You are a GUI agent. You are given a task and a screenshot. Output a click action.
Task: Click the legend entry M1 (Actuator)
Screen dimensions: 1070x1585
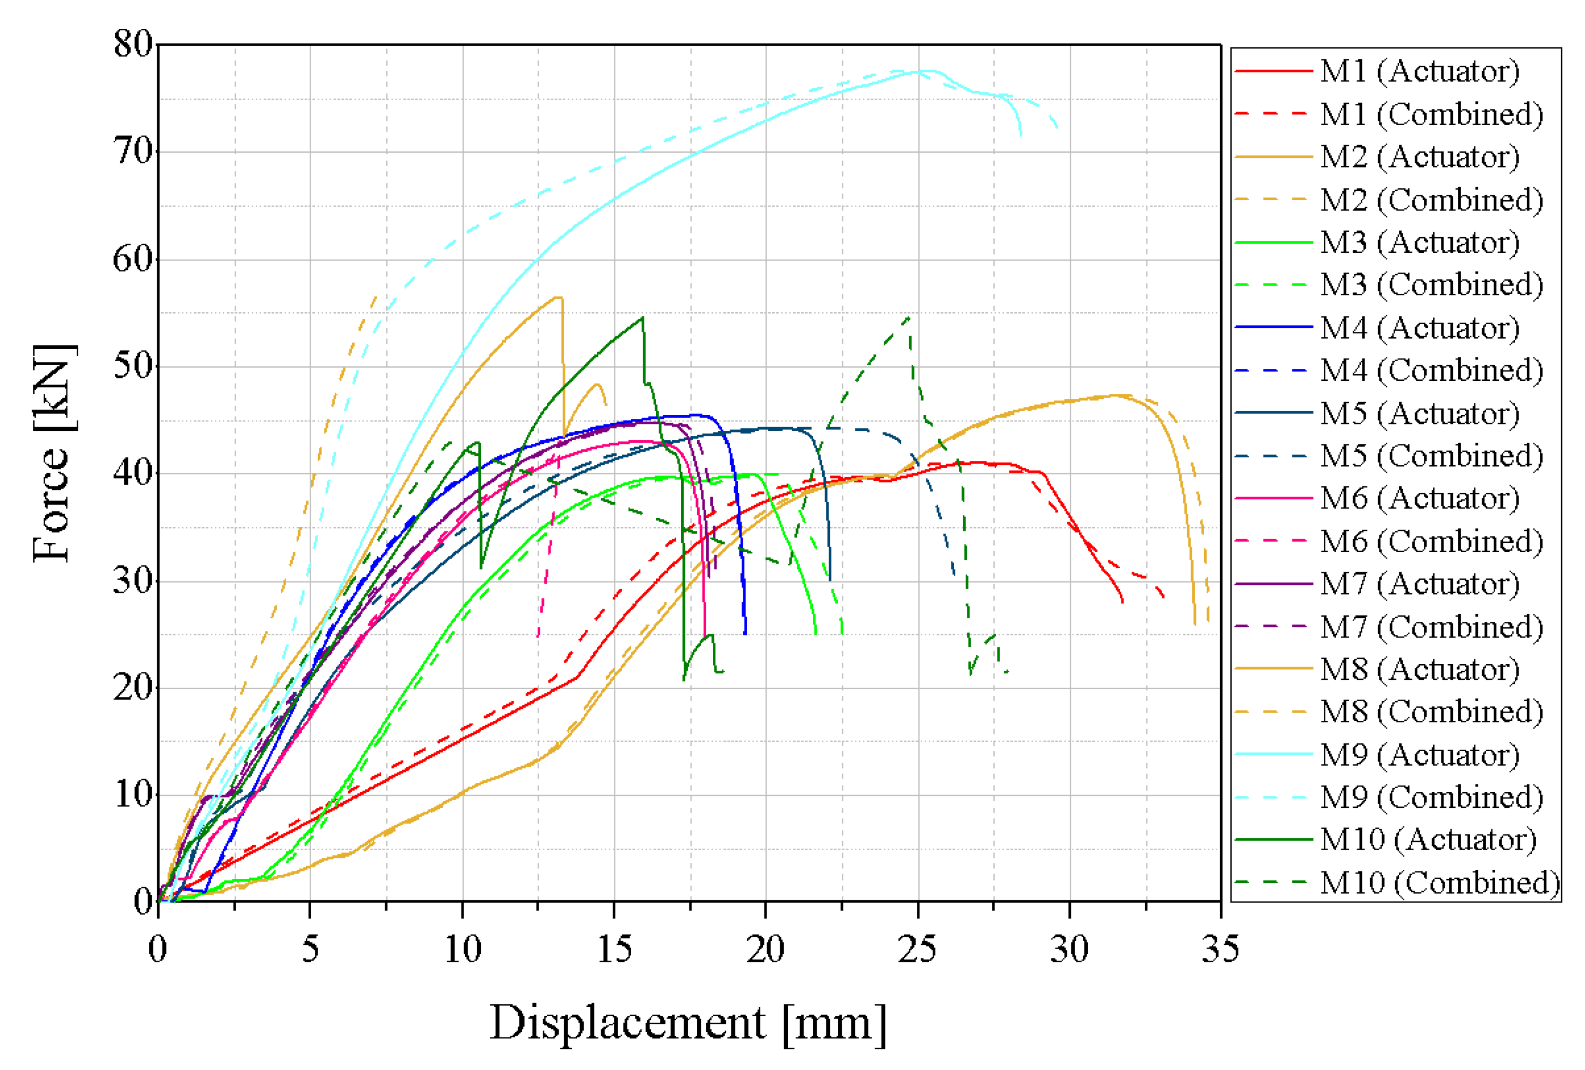pos(1419,71)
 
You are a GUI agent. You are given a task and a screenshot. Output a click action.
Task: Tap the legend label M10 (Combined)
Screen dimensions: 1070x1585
pos(1439,882)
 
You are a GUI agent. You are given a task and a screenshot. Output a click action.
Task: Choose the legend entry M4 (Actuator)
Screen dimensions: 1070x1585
pos(1419,328)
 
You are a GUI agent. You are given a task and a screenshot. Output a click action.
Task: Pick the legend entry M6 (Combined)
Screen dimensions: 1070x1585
pos(1431,541)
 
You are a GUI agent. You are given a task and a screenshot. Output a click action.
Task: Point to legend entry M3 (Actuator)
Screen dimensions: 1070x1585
pos(1419,242)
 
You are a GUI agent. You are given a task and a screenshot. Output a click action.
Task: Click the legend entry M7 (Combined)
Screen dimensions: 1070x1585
pos(1431,627)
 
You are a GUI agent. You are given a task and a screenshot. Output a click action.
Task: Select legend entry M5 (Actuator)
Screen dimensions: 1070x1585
pos(1419,413)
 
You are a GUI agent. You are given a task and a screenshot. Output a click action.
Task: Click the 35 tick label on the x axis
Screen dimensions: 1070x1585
pos(1220,949)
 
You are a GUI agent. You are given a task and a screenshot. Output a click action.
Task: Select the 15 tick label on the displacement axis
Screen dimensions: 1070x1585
pos(614,949)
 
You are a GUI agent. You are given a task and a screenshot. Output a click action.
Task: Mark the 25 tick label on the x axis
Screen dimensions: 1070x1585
pos(917,949)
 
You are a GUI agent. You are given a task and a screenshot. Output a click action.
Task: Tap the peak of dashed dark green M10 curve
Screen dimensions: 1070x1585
pos(909,317)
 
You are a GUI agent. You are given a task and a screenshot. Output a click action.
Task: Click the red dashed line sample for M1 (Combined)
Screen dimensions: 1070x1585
pos(1273,113)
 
